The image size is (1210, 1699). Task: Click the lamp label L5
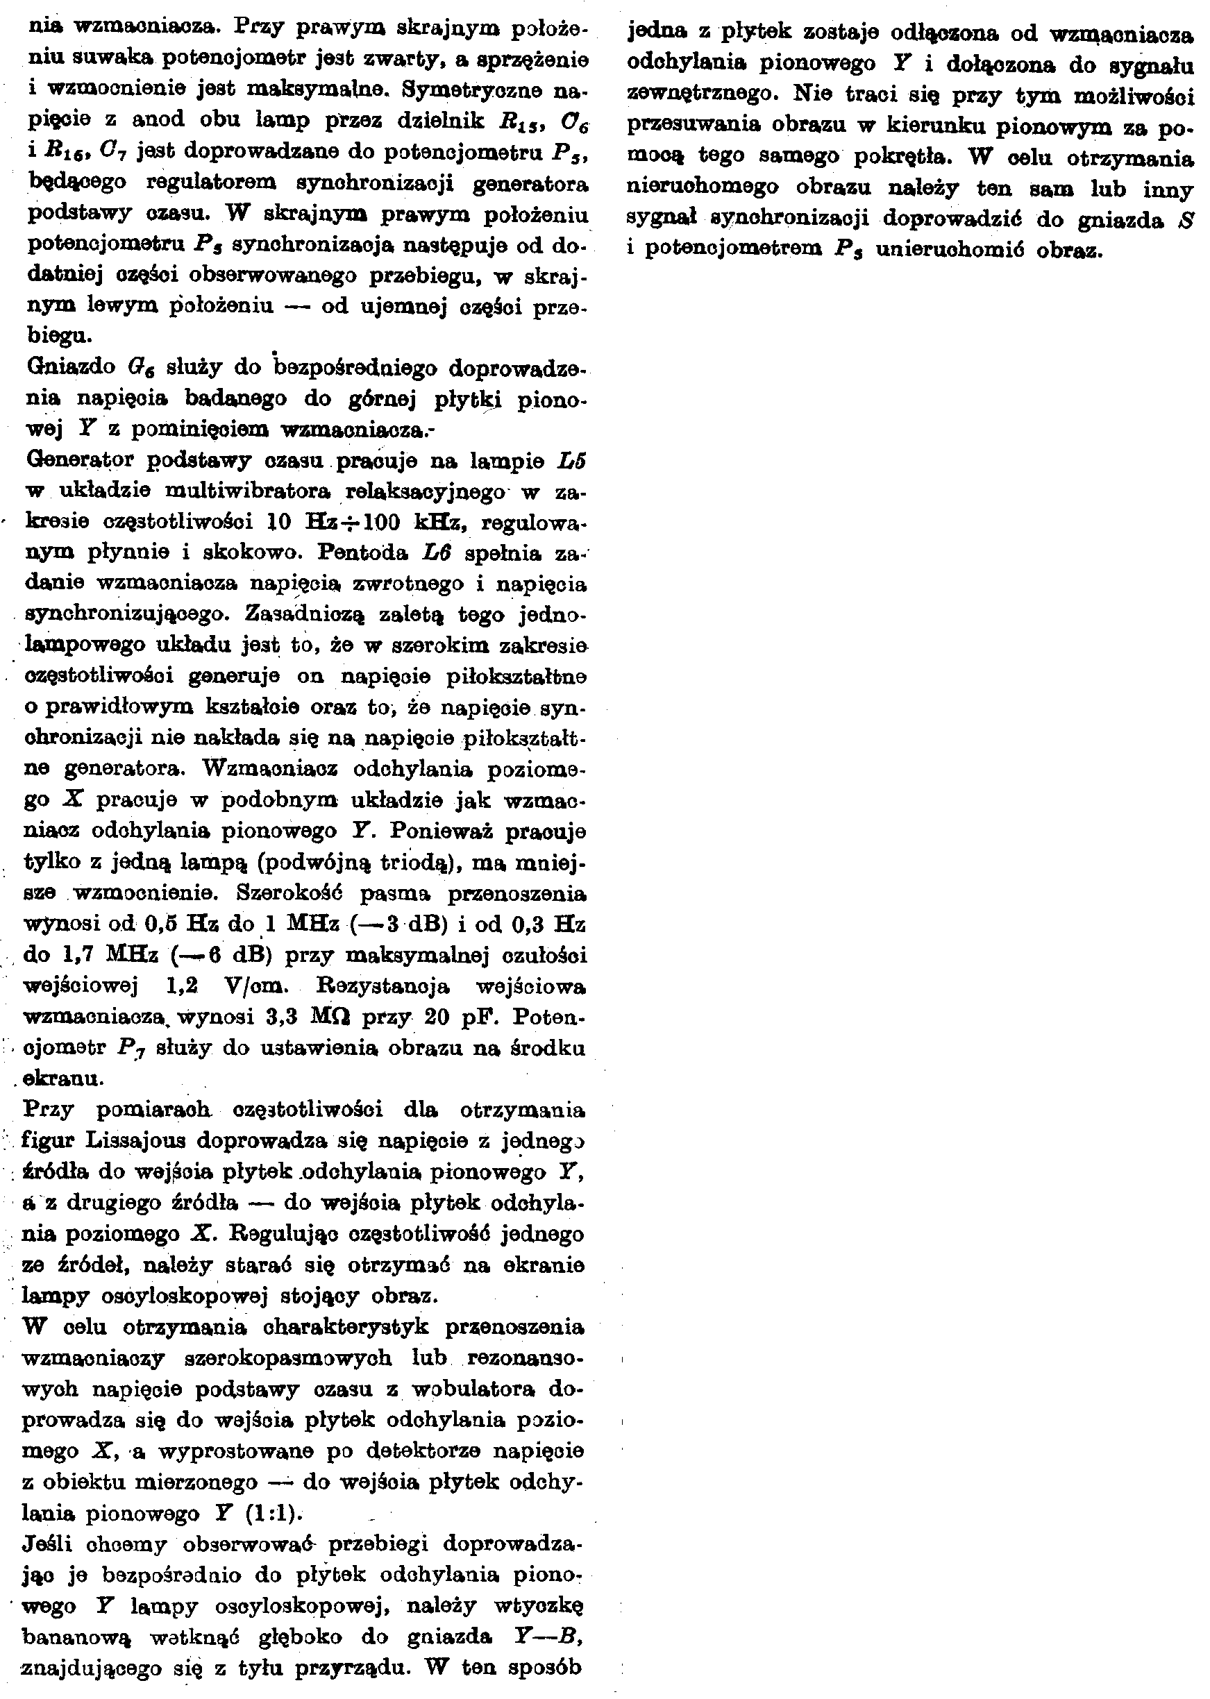tap(571, 461)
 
